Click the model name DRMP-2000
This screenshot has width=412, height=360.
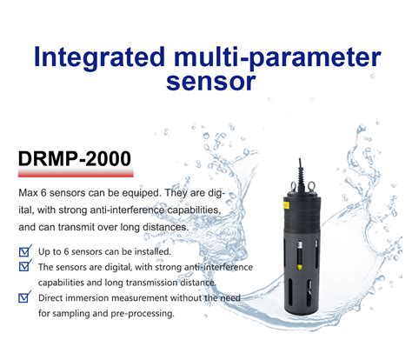75,159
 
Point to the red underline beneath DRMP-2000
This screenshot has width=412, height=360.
75,176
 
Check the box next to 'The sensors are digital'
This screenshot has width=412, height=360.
24,267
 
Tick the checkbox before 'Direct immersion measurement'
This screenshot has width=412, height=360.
24,297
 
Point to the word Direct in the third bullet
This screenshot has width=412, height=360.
55,298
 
